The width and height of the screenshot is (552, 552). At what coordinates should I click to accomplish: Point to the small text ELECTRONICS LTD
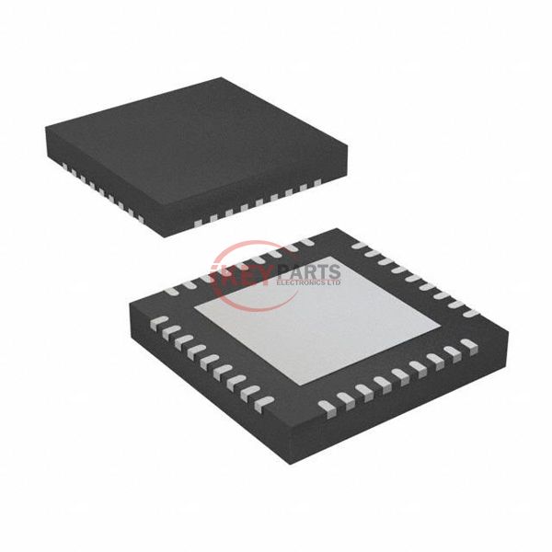(x=309, y=284)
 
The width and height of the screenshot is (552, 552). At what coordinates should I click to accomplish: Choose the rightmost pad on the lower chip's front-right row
(x=470, y=346)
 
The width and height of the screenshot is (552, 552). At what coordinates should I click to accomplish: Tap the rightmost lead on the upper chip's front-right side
(x=316, y=183)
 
